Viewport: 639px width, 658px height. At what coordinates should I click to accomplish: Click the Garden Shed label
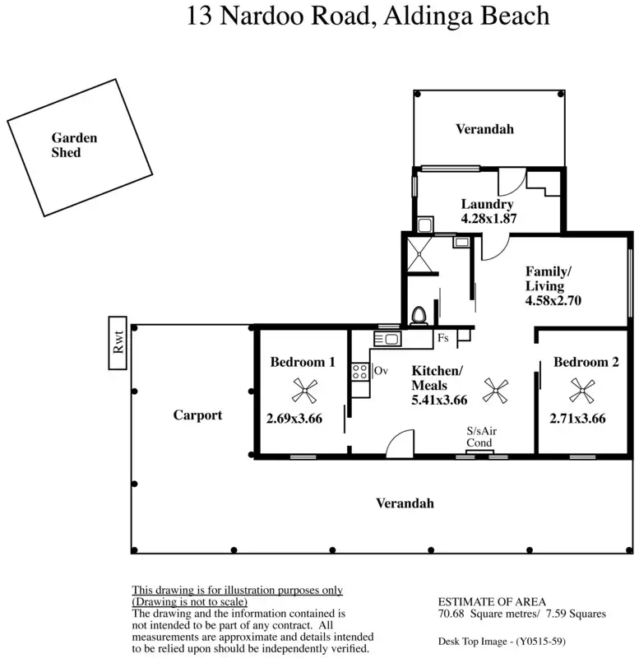(74, 145)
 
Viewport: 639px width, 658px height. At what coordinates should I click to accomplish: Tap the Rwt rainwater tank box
(118, 343)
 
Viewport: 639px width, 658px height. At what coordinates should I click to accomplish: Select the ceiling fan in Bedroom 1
(304, 390)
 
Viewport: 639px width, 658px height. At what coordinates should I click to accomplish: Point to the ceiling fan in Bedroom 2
(581, 390)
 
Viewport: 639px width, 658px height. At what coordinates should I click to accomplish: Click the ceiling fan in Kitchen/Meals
(496, 391)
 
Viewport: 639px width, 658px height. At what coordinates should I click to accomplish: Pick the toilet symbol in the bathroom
(419, 316)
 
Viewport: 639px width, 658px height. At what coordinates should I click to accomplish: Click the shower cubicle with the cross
(419, 254)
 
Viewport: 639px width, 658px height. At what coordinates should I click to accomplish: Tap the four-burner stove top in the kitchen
(360, 372)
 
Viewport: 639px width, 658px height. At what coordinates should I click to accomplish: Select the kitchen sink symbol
(387, 339)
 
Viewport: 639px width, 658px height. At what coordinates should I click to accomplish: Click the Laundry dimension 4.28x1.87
(489, 219)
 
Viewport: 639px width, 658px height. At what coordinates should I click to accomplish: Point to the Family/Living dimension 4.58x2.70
(553, 300)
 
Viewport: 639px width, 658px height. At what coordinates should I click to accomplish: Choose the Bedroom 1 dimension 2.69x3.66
(294, 419)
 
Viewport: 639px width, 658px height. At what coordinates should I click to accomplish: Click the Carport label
(197, 415)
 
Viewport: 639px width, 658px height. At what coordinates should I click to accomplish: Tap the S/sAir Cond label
(481, 437)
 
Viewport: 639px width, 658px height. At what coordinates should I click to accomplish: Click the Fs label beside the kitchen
(443, 338)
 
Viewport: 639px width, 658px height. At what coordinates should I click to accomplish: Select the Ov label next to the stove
(381, 371)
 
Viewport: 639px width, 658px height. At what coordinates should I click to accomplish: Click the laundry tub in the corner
(424, 225)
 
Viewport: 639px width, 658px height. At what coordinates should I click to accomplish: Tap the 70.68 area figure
(451, 614)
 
